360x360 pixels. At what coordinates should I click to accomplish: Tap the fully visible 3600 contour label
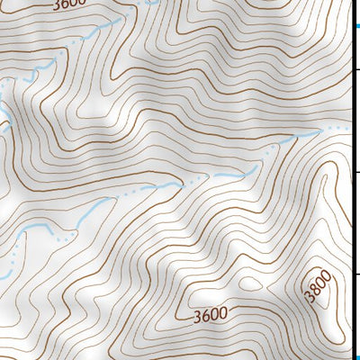pos(210,316)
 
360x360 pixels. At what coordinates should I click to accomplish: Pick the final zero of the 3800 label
pos(327,274)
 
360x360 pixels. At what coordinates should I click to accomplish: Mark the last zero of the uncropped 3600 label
pos(223,314)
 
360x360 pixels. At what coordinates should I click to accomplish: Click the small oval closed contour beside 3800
pos(251,283)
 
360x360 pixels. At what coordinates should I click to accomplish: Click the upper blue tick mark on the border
pos(356,31)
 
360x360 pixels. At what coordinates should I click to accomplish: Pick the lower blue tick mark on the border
pos(356,354)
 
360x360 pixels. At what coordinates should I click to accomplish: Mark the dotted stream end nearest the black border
pos(343,128)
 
